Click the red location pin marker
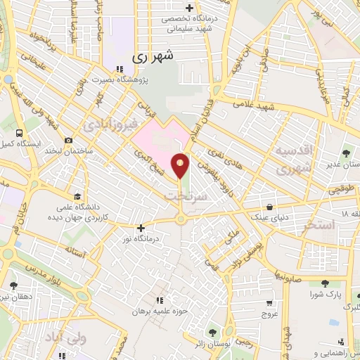pyautogui.click(x=181, y=166)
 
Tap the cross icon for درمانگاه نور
pyautogui.click(x=141, y=228)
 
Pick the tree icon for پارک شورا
pyautogui.click(x=325, y=283)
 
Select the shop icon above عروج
pyautogui.click(x=269, y=303)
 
